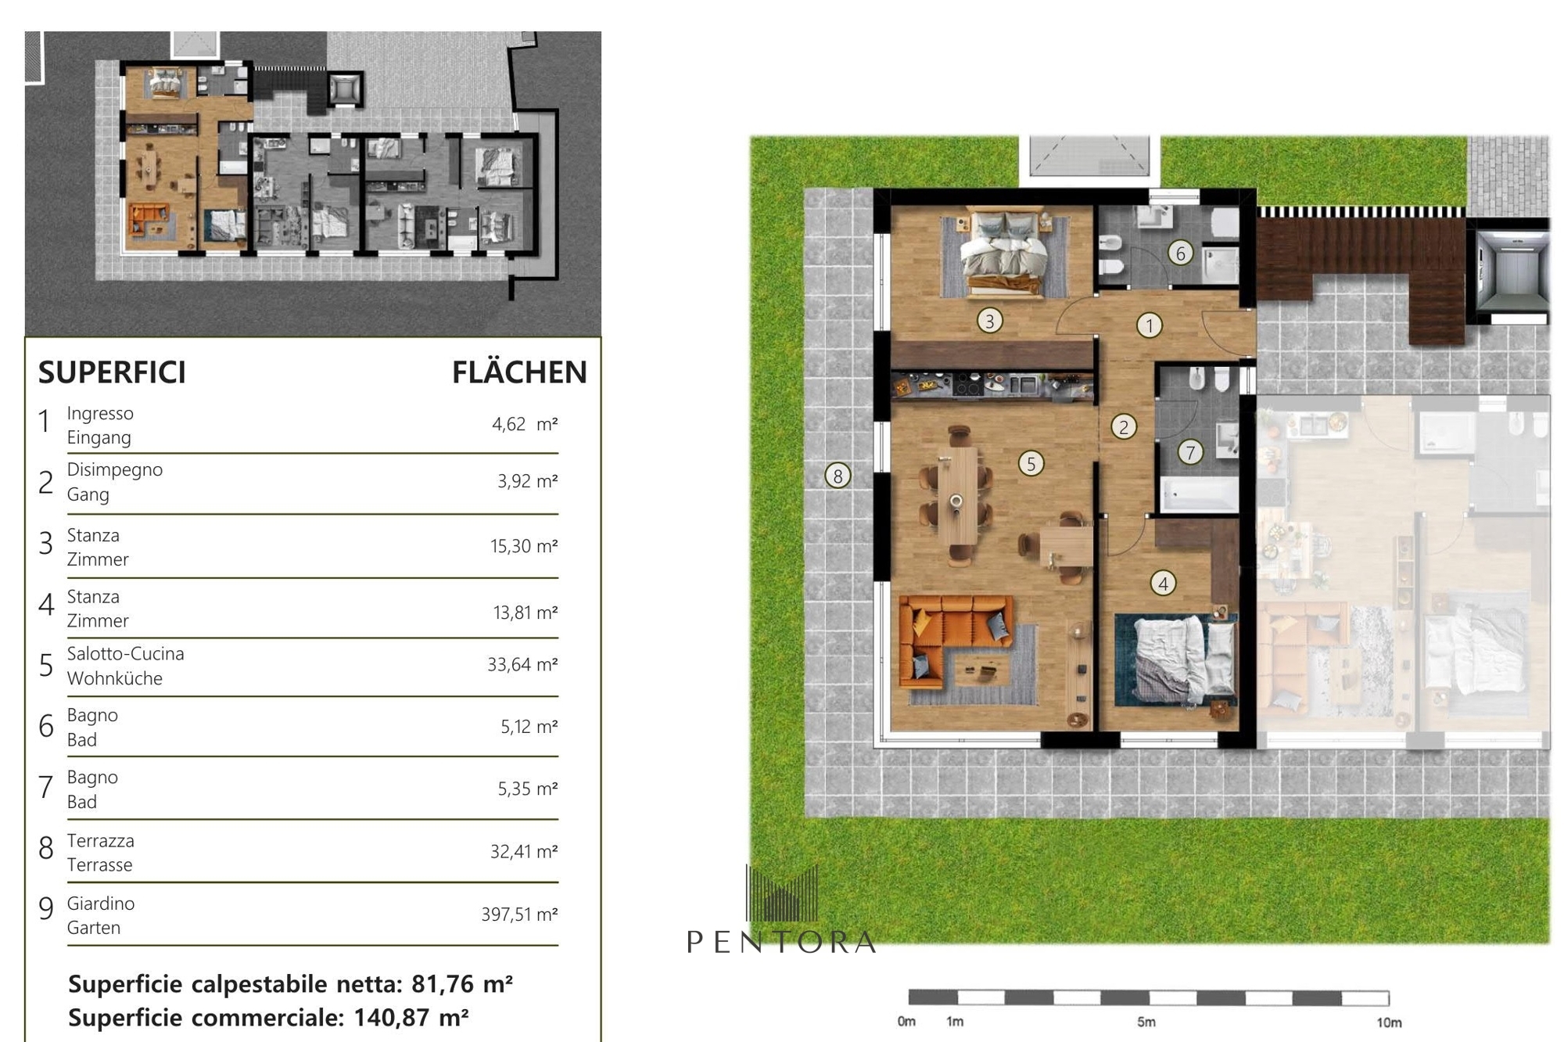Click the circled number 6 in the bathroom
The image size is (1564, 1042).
(1180, 253)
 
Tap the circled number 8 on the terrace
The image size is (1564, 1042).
(838, 475)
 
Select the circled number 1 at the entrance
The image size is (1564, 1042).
(1149, 325)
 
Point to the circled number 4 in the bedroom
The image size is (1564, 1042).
(1163, 583)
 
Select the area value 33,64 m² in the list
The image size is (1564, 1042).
(522, 664)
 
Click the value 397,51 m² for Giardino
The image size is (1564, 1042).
(519, 914)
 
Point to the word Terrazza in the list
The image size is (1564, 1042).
(101, 841)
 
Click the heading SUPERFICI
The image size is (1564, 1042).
(112, 372)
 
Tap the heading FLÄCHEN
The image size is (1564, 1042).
(519, 372)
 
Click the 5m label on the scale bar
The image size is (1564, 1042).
(1146, 1022)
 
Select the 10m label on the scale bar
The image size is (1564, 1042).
(1389, 1022)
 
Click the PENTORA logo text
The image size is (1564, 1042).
(781, 942)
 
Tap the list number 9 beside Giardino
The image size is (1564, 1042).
(46, 909)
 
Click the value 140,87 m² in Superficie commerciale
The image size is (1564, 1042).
(411, 1017)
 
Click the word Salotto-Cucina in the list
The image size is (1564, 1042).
(126, 654)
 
